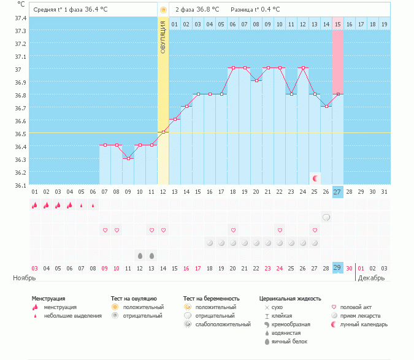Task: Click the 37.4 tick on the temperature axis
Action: coord(20,18)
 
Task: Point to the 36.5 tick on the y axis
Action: coord(20,134)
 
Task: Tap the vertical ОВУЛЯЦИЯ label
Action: coord(163,37)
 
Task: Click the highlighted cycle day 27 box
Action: coord(338,192)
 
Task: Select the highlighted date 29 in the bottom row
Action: coord(338,267)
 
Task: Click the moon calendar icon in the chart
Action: coord(315,178)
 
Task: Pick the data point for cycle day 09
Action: coord(128,158)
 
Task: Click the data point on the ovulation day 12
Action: coord(163,132)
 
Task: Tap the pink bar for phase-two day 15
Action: coord(338,61)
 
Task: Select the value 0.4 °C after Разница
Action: coord(268,10)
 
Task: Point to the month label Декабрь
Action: coord(372,278)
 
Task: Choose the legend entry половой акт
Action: coord(357,307)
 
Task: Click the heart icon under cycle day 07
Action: coord(105,230)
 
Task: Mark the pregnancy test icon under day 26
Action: coord(327,217)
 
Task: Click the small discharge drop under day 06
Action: coord(93,205)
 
